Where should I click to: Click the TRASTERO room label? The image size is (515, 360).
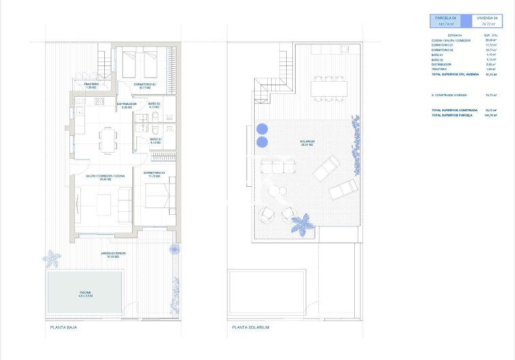point(91,86)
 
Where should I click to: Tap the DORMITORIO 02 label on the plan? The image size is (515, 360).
point(145,85)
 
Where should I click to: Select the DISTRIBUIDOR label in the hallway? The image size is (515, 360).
point(126,105)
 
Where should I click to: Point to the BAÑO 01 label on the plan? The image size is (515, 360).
point(156,140)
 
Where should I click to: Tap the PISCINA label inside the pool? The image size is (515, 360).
point(84,294)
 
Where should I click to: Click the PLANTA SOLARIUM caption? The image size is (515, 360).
point(251,328)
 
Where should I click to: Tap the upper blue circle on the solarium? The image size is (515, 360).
point(262,128)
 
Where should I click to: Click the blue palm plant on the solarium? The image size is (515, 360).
point(300,223)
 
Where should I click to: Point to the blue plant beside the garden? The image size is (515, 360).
point(52,258)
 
